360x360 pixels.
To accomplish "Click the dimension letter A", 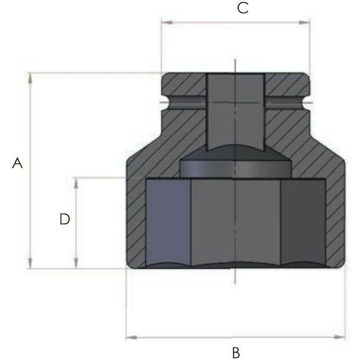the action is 18,163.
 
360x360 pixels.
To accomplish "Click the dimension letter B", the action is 236,353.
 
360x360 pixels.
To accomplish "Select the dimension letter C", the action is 243,8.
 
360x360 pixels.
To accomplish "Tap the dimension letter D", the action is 64,219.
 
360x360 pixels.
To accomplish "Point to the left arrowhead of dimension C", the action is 167,22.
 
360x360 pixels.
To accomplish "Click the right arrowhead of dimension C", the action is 304,22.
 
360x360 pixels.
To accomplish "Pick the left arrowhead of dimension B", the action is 131,337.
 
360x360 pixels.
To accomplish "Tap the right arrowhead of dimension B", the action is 340,337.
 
